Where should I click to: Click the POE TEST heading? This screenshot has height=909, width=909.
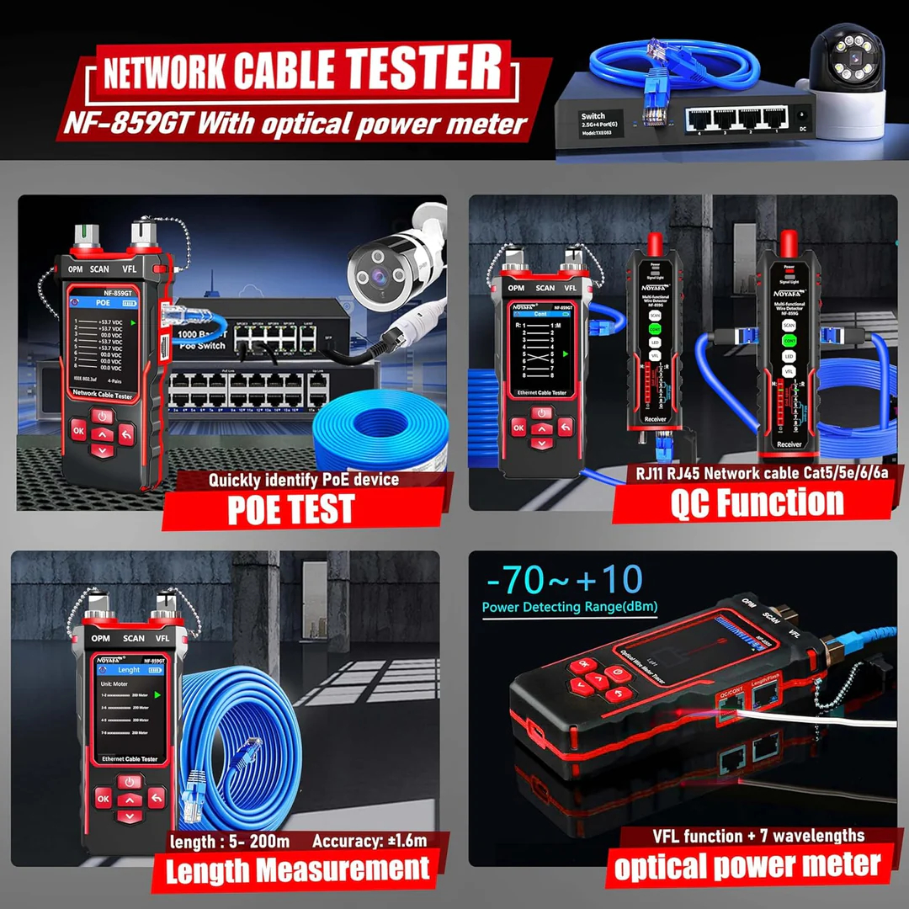point(291,509)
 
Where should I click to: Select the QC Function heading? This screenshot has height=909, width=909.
point(757,502)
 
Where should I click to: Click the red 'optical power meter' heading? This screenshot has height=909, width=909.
point(747,865)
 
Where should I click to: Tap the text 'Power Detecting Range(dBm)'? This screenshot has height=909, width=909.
point(570,607)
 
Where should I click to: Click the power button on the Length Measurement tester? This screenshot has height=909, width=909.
point(129,782)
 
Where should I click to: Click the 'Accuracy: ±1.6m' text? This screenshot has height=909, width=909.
point(369,841)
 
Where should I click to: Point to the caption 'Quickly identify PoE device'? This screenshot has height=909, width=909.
point(303,480)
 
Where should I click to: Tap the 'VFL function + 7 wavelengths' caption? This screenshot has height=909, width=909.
point(747,836)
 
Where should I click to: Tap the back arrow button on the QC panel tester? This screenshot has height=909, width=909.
point(565,427)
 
